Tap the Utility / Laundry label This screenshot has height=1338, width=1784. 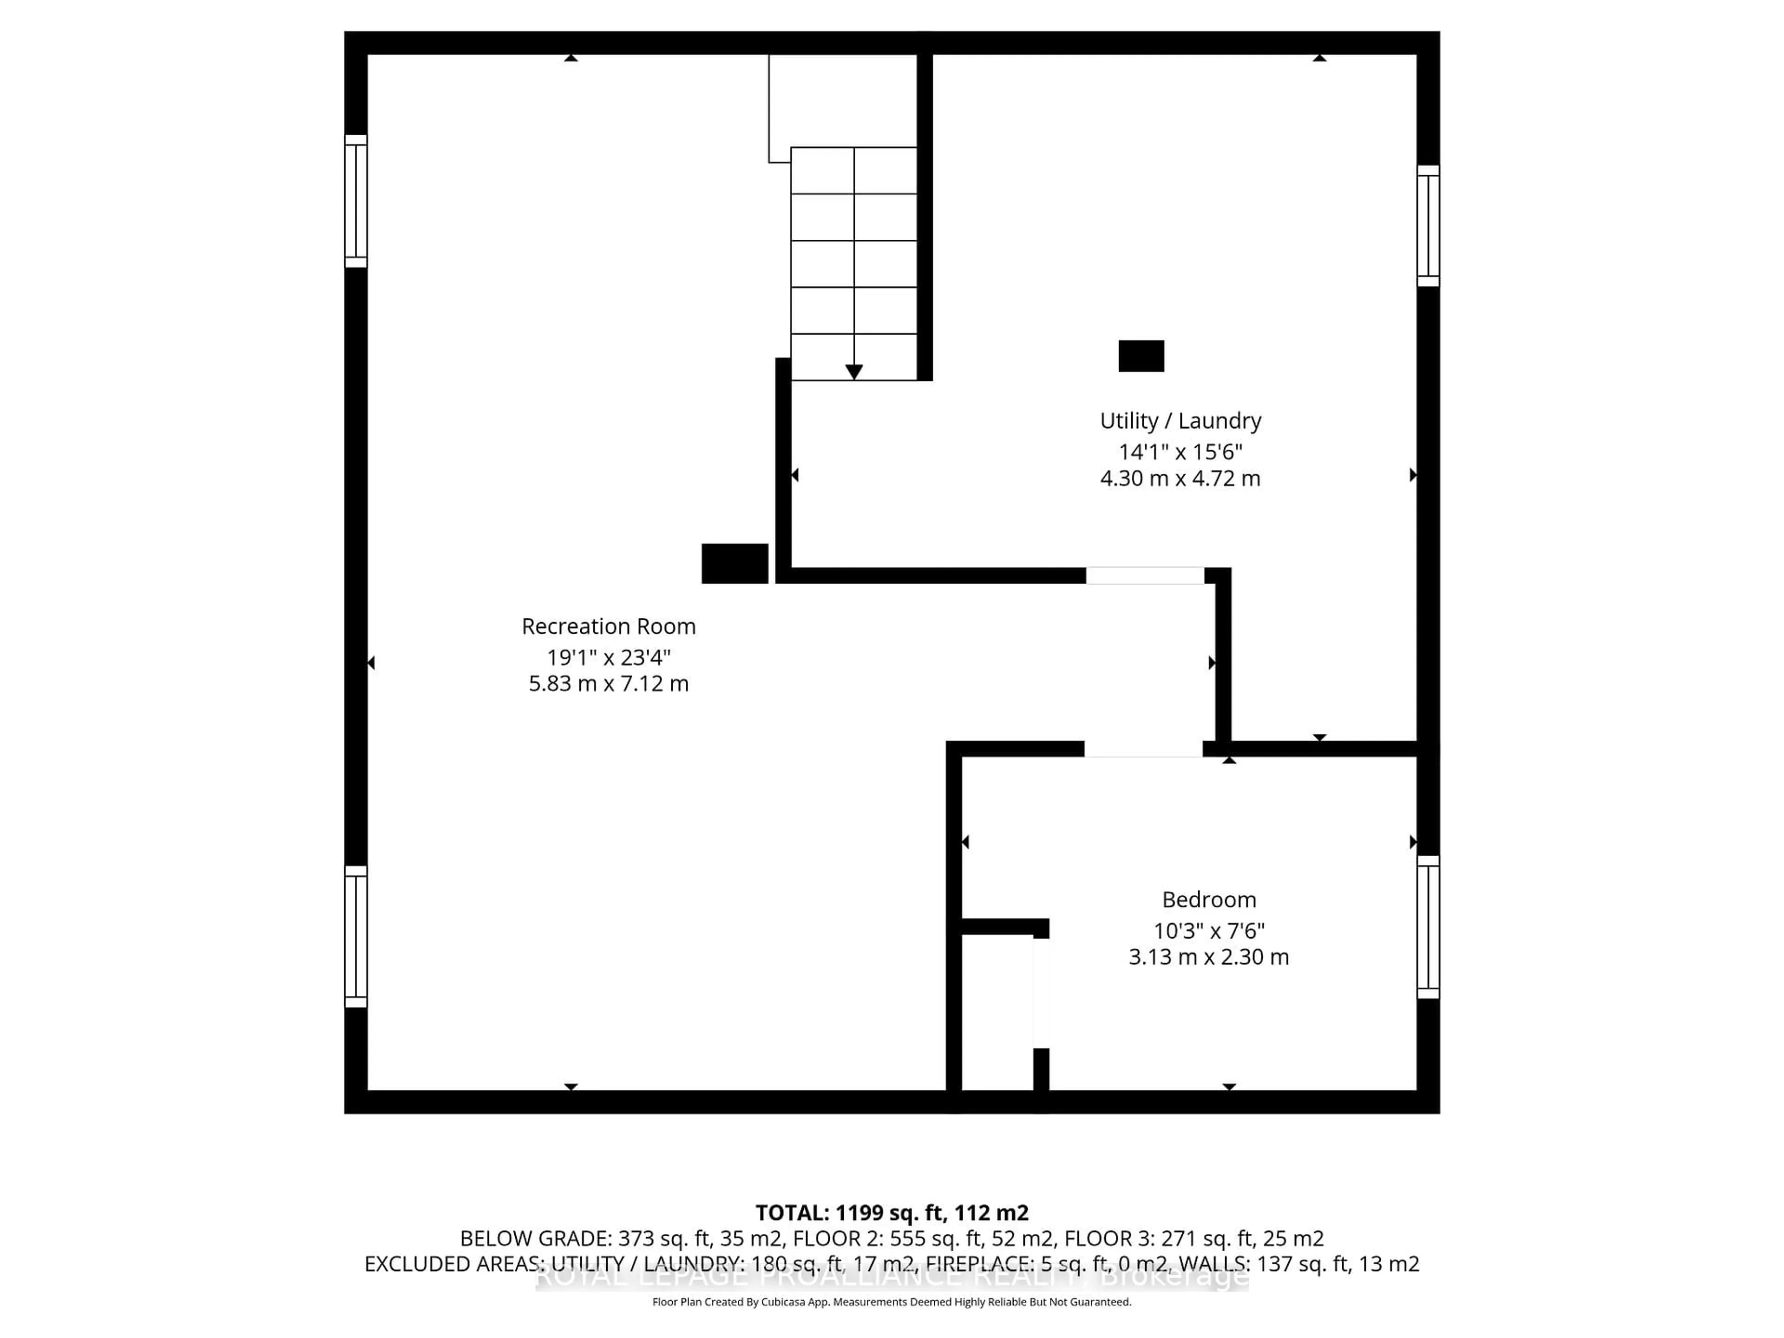pos(1180,421)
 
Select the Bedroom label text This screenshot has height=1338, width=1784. pos(1208,899)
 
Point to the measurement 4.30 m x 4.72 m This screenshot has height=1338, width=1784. pos(1180,478)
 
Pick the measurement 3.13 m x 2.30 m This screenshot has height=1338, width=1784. pos(1208,958)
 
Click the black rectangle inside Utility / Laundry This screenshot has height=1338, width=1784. pos(1141,356)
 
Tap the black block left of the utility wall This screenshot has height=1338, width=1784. pos(734,563)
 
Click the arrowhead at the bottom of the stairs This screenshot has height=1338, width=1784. pos(853,372)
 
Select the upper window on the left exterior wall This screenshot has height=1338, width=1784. pos(356,201)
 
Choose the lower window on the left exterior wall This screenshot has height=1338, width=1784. pos(356,936)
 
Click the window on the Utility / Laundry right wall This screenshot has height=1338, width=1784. pos(1428,226)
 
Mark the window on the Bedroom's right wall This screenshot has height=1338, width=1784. pos(1428,927)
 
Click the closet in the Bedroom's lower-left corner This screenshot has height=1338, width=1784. pos(997,1012)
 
